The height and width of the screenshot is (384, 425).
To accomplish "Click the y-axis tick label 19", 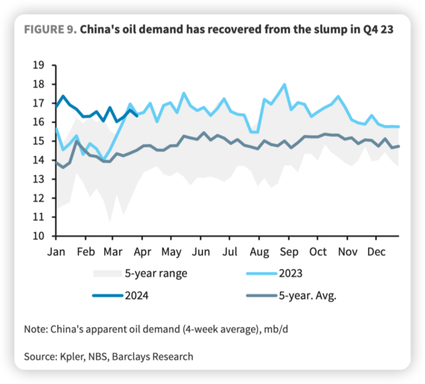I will [x=38, y=65].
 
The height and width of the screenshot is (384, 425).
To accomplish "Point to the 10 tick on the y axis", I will [x=38, y=236].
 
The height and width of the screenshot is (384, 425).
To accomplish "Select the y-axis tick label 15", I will [x=38, y=141].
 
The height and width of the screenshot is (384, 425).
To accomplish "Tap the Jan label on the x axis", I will [x=56, y=252].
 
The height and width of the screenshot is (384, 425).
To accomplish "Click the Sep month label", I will [x=288, y=252].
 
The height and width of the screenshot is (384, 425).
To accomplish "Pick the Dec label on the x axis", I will [x=377, y=252].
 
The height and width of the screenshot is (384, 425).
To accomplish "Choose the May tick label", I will [x=172, y=252].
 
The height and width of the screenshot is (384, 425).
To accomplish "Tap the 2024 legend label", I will [x=136, y=295].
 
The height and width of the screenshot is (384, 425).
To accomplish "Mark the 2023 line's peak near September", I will [x=285, y=84].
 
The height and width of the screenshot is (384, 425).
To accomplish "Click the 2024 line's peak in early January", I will [x=62, y=96].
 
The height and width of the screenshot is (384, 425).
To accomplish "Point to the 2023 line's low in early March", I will [x=105, y=160].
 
